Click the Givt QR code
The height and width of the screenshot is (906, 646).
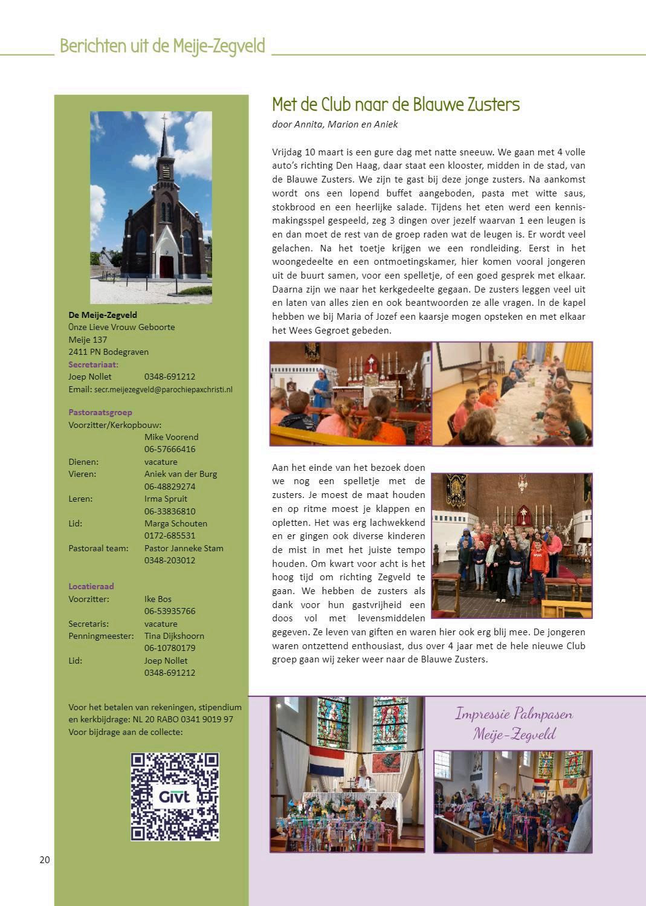click(x=175, y=796)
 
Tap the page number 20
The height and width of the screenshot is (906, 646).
click(x=45, y=860)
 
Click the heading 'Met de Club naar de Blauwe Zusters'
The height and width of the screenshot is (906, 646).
click(x=395, y=105)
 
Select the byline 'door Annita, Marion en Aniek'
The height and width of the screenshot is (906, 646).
click(x=335, y=125)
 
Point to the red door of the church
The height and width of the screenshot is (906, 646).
click(x=166, y=267)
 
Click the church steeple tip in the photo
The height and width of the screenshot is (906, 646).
click(x=164, y=117)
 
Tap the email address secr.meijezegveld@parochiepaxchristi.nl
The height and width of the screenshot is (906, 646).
click(x=163, y=390)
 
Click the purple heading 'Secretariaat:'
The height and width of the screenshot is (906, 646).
click(x=93, y=364)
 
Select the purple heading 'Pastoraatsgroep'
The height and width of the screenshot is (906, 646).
click(x=100, y=412)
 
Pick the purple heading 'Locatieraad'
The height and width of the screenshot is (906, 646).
click(x=91, y=586)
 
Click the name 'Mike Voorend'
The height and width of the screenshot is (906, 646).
click(x=171, y=437)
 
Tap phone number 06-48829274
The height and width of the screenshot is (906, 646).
click(x=170, y=487)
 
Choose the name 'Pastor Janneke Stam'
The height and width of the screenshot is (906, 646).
click(x=184, y=548)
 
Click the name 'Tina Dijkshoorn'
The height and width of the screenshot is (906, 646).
click(x=174, y=636)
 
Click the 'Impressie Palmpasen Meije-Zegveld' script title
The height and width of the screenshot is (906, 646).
click(x=513, y=723)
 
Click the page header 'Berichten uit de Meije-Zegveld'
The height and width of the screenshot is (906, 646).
click(x=162, y=46)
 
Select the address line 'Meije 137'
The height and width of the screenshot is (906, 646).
click(x=88, y=340)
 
